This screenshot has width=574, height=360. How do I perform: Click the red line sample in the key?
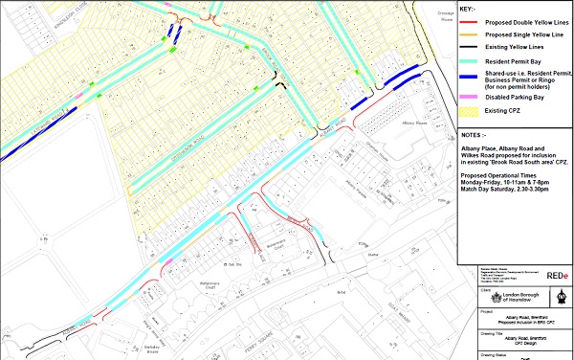coord(471,22)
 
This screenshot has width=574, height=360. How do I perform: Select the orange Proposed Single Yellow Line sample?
coord(471,34)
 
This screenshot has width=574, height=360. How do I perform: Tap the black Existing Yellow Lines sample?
coord(471,47)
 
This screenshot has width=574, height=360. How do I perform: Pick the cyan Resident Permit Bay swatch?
coord(471,59)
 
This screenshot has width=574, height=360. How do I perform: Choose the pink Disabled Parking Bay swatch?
coord(471,96)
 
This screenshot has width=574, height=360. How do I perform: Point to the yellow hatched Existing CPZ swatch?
coord(471,109)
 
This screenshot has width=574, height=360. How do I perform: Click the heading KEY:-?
coord(468,9)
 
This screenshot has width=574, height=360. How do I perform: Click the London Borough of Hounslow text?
coord(510,298)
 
